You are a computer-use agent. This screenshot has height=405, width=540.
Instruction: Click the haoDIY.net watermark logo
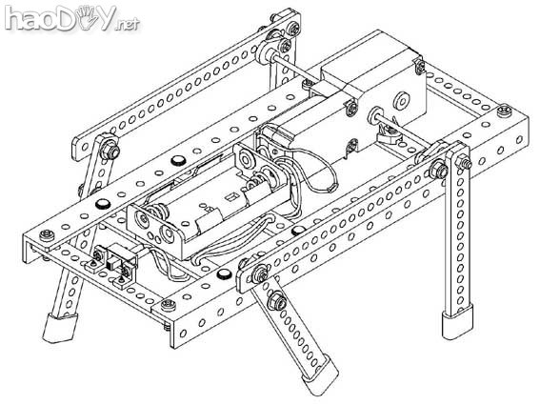71,18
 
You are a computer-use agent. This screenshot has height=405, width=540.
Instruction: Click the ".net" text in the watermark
128,24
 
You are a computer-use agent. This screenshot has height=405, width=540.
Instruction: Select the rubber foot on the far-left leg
59,328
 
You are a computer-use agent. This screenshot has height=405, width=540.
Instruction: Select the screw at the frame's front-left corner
47,235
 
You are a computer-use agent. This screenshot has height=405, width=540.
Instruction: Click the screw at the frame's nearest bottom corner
169,304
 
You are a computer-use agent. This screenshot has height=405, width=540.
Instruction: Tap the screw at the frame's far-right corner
505,111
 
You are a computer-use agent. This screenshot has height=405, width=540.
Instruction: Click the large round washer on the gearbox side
401,100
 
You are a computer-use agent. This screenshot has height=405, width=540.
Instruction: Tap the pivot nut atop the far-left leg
110,151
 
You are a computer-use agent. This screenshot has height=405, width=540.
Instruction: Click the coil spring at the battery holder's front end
158,211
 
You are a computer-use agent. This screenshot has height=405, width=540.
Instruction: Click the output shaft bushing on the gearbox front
375,114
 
